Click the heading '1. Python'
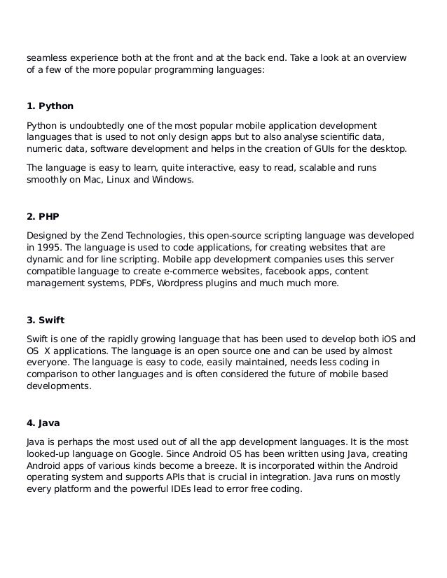coord(50,107)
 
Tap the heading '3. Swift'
coord(46,321)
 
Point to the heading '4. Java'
coord(43,423)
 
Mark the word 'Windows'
coord(172,180)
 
